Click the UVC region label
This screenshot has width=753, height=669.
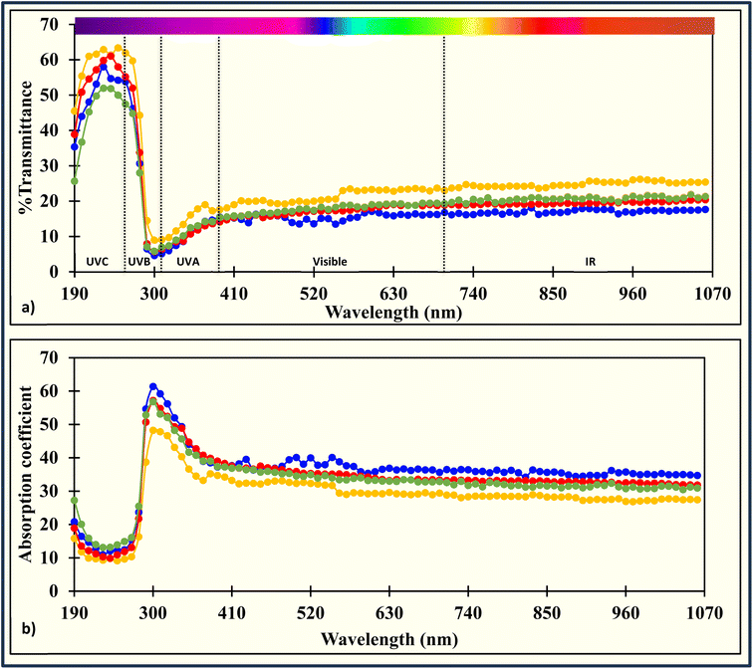pos(96,261)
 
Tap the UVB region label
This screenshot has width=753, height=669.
pos(140,261)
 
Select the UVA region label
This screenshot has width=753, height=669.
pos(188,261)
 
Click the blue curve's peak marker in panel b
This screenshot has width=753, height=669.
pos(153,386)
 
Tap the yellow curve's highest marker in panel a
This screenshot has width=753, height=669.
pos(118,48)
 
